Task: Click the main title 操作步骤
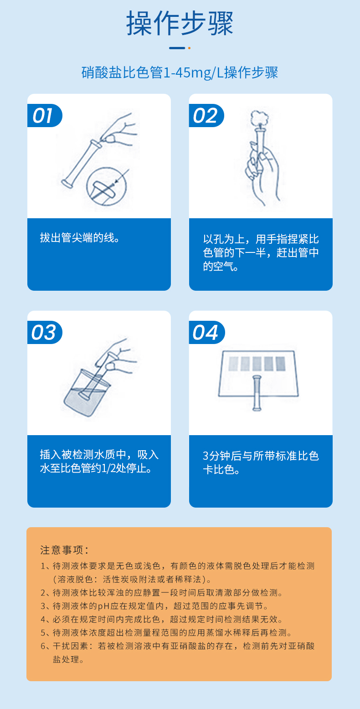180,23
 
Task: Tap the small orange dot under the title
189,48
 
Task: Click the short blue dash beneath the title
177,48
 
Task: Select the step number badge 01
45,116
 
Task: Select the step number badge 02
206,116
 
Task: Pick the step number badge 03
45,332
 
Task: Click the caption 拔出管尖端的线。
80,238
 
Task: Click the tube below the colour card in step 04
257,393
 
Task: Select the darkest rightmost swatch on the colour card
281,364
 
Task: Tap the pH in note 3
103,606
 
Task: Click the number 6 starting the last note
43,646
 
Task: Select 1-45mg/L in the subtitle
193,73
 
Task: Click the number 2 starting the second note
43,593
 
